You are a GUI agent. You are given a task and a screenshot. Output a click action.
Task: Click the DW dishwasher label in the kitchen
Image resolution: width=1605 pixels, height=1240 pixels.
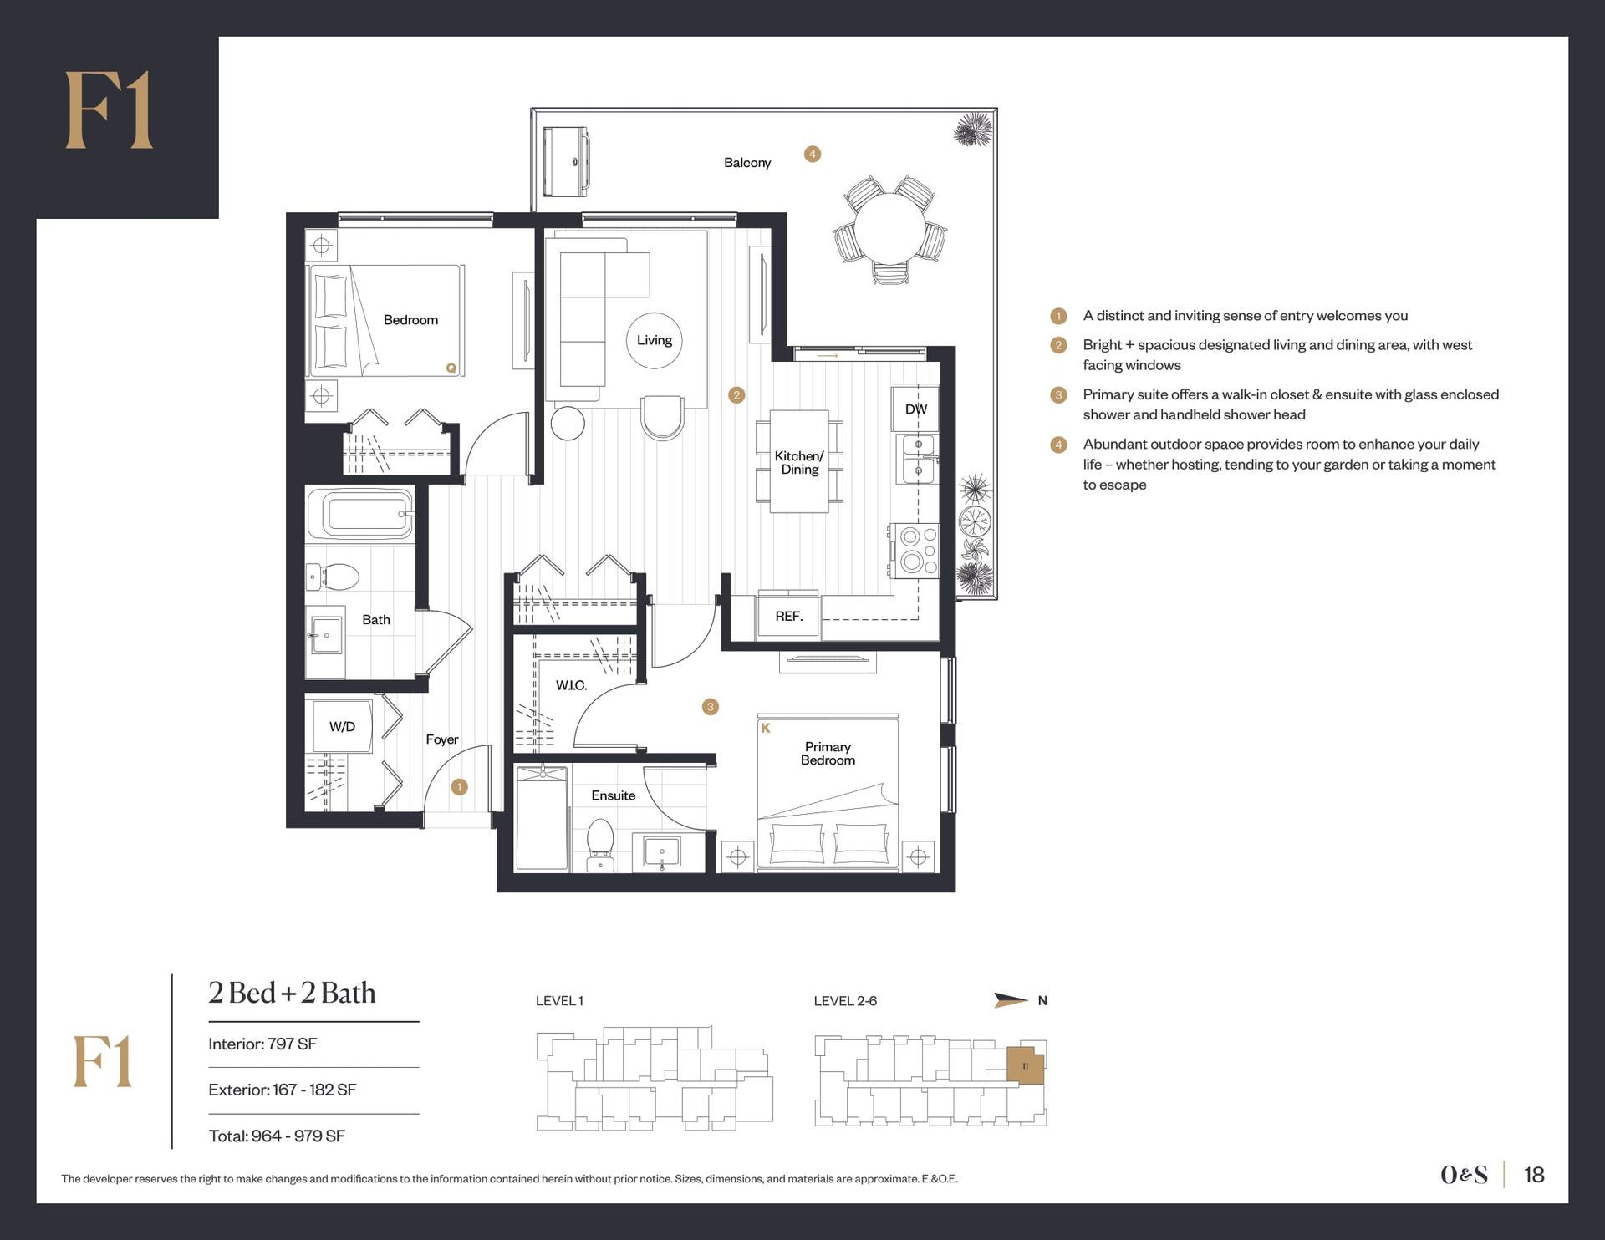pos(915,409)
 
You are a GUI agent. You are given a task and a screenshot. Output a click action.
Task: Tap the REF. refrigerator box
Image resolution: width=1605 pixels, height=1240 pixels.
pos(788,617)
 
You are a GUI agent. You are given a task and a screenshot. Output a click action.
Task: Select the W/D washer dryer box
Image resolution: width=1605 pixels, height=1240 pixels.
pos(342,727)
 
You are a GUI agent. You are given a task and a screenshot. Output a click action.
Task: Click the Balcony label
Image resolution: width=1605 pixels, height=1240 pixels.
pos(747,163)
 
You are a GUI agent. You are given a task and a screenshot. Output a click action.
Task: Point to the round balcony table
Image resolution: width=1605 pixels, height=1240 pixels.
pos(889,229)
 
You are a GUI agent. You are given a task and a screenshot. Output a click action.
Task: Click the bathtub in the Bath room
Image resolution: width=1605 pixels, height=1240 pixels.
pos(360,513)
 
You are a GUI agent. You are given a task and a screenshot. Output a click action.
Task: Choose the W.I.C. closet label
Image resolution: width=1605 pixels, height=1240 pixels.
pos(572,685)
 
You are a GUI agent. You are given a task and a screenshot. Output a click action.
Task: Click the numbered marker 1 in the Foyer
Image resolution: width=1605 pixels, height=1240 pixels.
pos(459,787)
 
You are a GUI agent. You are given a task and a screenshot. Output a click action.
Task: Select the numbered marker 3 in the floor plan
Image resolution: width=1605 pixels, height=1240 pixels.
pos(711,707)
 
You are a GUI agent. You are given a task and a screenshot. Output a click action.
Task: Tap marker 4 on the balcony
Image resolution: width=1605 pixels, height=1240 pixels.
pos(812,154)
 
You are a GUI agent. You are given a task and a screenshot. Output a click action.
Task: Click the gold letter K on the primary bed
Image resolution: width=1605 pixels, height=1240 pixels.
pos(765,729)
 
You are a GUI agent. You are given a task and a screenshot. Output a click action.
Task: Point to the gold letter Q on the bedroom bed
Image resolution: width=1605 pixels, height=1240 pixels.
pos(451,368)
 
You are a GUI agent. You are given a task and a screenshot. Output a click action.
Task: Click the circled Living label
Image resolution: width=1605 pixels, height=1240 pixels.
pos(655,340)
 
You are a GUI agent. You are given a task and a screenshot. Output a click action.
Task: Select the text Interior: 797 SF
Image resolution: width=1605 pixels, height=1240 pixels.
pos(262,1044)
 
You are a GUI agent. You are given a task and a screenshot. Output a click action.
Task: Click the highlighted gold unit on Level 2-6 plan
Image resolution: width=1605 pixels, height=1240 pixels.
pos(1026,1065)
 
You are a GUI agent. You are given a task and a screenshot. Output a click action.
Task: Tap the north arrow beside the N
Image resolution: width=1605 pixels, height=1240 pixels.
pos(1011,1000)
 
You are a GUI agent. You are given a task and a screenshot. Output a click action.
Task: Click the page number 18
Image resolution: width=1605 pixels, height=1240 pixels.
pos(1534,1175)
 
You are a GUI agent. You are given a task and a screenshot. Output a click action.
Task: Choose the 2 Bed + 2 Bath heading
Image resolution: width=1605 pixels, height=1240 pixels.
pos(292,993)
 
